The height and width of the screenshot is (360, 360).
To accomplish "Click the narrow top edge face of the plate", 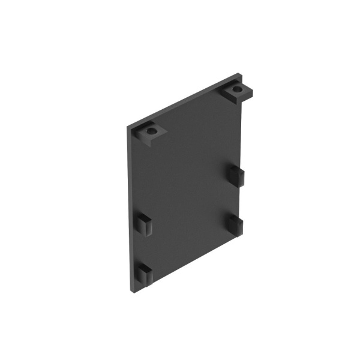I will pos(180,101).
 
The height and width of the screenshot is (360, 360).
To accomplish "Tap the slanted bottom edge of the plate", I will pos(186,265).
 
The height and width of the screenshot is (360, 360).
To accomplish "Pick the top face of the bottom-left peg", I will pos(145,268).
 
